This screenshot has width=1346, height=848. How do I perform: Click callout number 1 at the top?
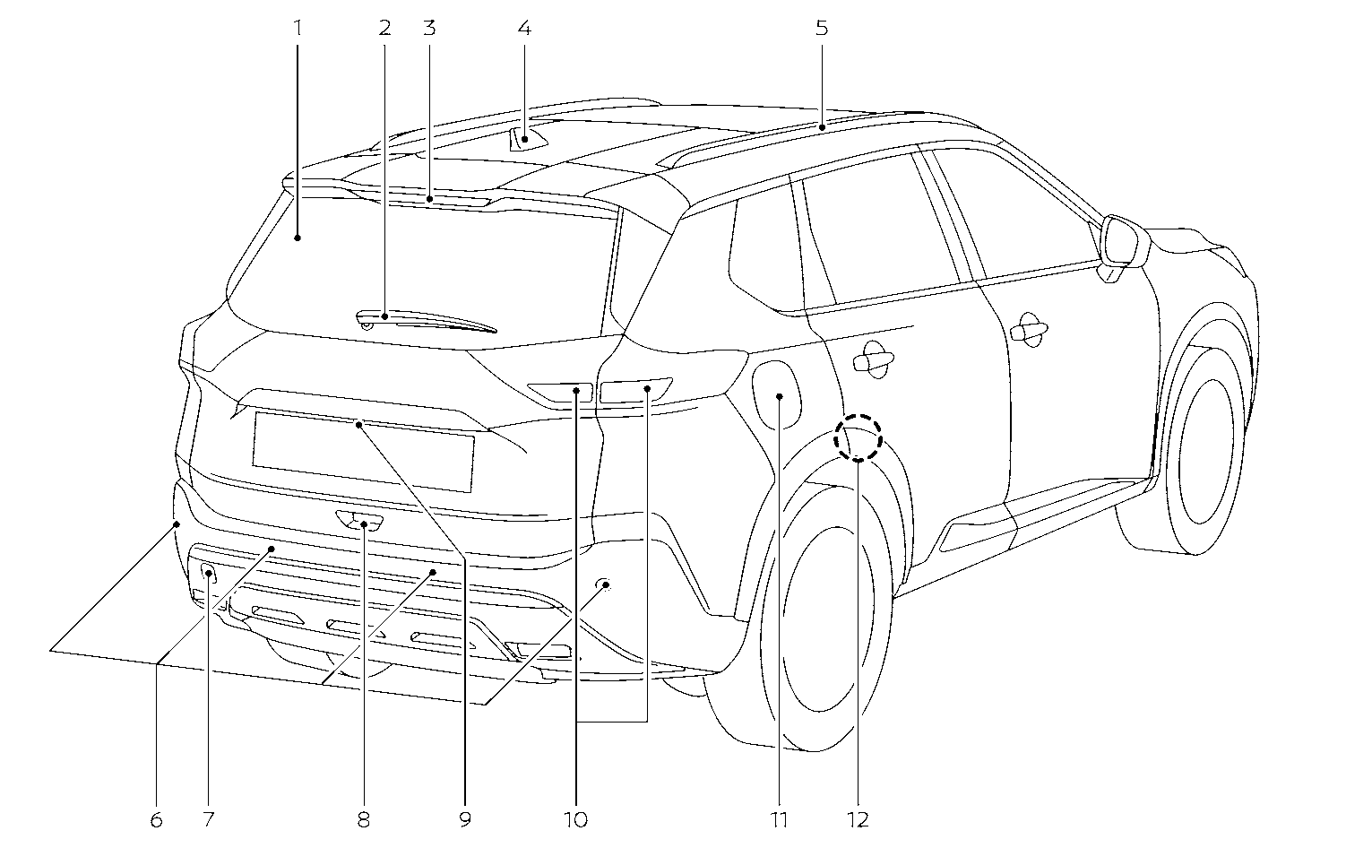[298, 28]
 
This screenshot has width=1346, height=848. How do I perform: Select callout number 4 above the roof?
[524, 28]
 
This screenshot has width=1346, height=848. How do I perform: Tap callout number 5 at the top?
[822, 28]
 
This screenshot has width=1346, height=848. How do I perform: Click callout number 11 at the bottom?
[779, 818]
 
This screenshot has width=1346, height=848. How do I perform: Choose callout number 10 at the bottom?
[576, 818]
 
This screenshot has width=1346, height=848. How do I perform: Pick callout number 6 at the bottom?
[156, 818]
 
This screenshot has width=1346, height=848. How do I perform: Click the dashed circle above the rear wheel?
[859, 437]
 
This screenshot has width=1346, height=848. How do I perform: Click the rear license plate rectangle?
[363, 452]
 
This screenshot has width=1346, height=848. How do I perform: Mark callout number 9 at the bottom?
[463, 818]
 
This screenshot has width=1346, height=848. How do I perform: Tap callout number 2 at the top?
[384, 28]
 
